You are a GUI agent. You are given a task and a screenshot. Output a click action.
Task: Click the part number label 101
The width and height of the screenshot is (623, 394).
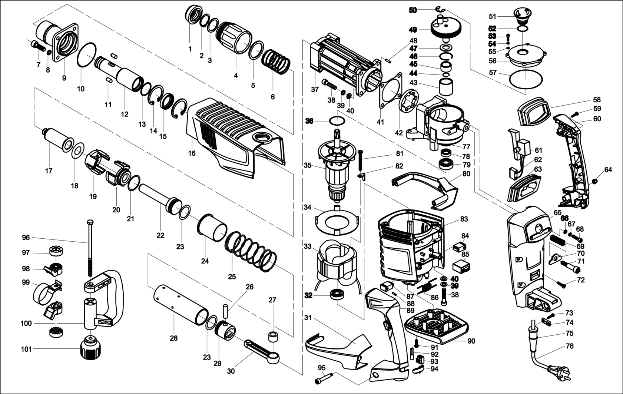click(26, 349)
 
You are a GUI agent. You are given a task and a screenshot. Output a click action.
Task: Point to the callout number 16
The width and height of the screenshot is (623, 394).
click(192, 153)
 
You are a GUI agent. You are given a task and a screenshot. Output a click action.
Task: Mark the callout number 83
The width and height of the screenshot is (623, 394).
click(464, 219)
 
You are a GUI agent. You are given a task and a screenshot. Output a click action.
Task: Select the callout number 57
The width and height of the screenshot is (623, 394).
click(493, 73)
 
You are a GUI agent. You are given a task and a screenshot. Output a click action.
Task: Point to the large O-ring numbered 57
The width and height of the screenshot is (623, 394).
click(526, 79)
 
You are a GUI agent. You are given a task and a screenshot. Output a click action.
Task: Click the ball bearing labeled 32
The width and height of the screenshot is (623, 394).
click(337, 295)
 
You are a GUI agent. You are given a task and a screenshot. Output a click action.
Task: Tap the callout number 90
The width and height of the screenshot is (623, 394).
click(471, 341)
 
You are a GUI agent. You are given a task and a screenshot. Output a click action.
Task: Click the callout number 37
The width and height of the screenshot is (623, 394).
click(315, 89)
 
